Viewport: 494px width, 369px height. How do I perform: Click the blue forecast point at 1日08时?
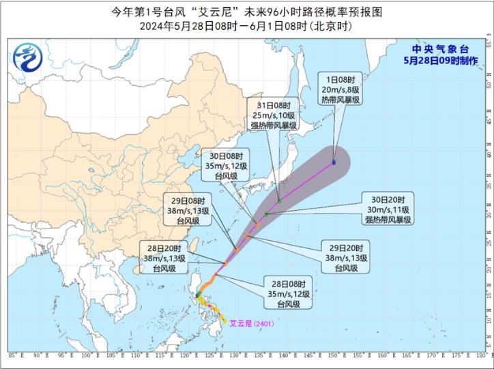[x=334, y=162]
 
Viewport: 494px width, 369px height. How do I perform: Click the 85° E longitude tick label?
[x=14, y=355]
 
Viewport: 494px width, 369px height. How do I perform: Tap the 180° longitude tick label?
[x=482, y=355]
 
